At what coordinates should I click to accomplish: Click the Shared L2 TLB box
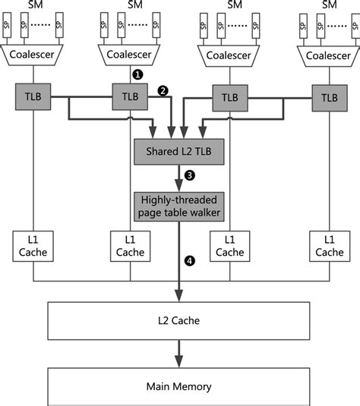(x=179, y=152)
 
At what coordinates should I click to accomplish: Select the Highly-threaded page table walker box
(x=179, y=206)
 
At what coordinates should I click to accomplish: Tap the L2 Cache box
(x=179, y=320)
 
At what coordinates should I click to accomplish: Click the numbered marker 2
(x=161, y=90)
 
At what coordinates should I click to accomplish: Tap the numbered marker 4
(x=190, y=261)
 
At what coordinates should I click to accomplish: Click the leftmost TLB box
(x=31, y=97)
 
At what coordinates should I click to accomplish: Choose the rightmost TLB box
(x=329, y=97)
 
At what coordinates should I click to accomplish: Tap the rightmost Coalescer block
(x=329, y=54)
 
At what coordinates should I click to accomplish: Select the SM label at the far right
(x=329, y=5)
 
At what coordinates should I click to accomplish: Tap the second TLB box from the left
(x=130, y=97)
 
